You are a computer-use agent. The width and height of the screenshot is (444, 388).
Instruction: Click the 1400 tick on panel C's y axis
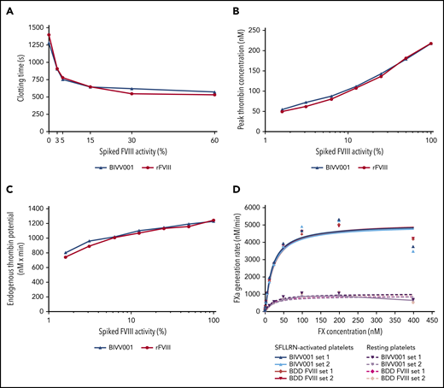pos(38,209)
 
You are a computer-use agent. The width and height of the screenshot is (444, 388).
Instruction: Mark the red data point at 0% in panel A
pos(49,35)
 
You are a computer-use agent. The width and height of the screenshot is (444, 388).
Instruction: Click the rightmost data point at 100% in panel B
pos(431,44)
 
